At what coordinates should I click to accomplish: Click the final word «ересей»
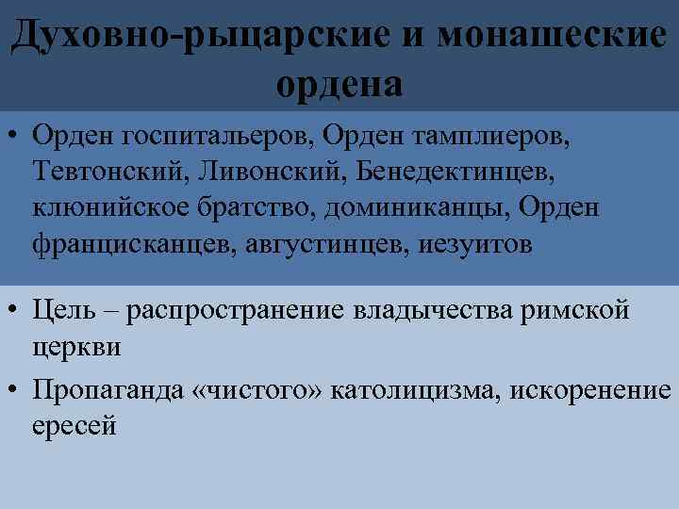(74, 426)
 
